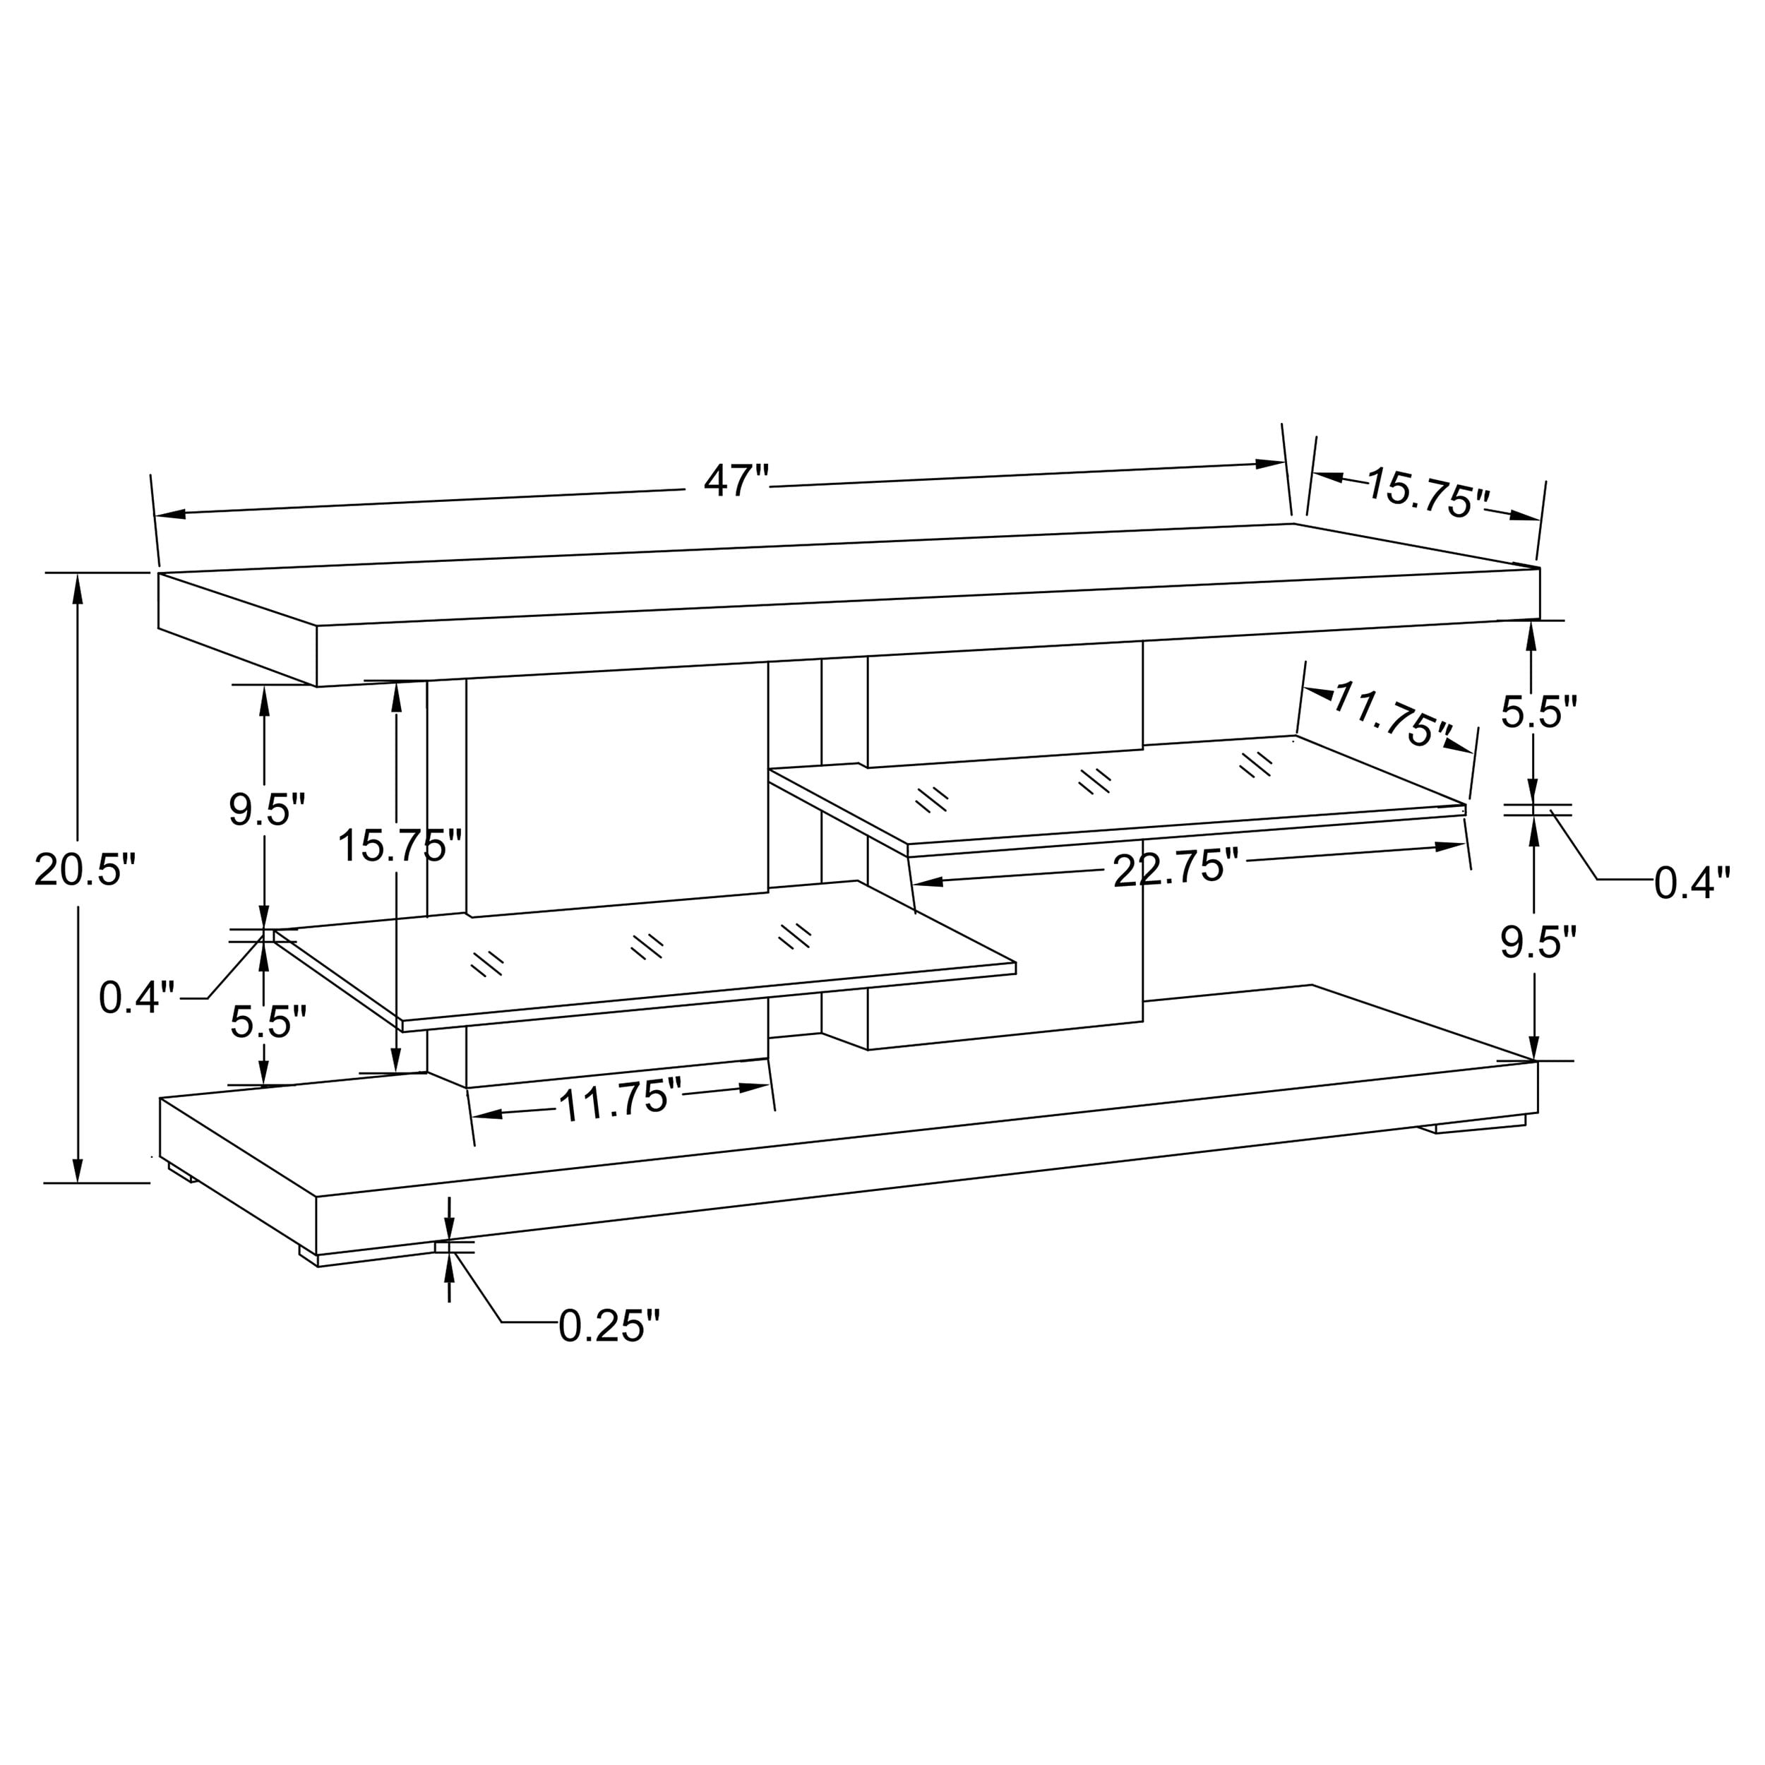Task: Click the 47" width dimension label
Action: [736, 481]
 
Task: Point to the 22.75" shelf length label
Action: [1175, 868]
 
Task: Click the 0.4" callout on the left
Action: [137, 998]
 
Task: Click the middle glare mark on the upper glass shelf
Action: [1094, 781]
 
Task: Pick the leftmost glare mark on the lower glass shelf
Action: [487, 963]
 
